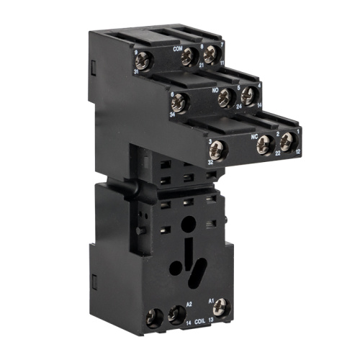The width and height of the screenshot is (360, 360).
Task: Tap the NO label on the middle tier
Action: pyautogui.click(x=215, y=91)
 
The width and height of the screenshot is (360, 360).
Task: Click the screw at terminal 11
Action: pyautogui.click(x=210, y=58)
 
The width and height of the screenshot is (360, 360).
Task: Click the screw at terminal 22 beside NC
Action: pyautogui.click(x=266, y=142)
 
